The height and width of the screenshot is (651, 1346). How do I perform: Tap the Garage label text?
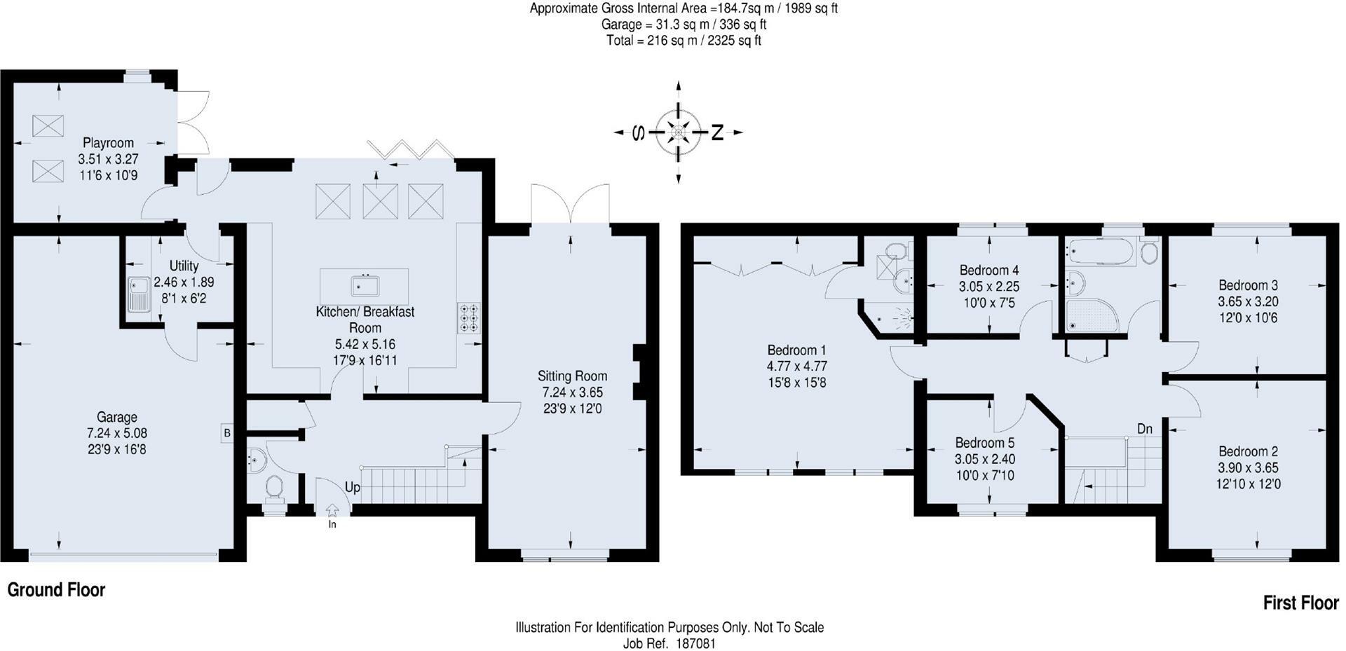pyautogui.click(x=117, y=418)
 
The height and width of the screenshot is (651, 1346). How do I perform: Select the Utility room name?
pyautogui.click(x=184, y=266)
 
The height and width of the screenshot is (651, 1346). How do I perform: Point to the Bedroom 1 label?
pyautogui.click(x=796, y=350)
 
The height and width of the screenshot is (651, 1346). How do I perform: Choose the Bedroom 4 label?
pyautogui.click(x=989, y=270)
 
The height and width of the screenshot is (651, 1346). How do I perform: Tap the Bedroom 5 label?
pyautogui.click(x=984, y=443)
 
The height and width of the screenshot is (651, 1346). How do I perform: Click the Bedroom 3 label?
pyautogui.click(x=1248, y=285)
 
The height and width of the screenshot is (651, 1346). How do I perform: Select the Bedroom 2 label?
pyautogui.click(x=1248, y=451)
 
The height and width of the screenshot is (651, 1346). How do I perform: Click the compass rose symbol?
pyautogui.click(x=678, y=132)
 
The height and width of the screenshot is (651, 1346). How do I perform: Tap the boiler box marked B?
pyautogui.click(x=227, y=433)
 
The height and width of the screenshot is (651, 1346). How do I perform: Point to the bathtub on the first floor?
pyautogui.click(x=1099, y=252)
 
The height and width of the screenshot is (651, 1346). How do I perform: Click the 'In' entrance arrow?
pyautogui.click(x=332, y=512)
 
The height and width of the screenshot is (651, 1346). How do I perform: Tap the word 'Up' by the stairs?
pyautogui.click(x=353, y=487)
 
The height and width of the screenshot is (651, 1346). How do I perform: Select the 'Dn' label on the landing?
pyautogui.click(x=1145, y=429)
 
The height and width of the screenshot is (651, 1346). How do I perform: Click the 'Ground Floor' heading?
pyautogui.click(x=56, y=590)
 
